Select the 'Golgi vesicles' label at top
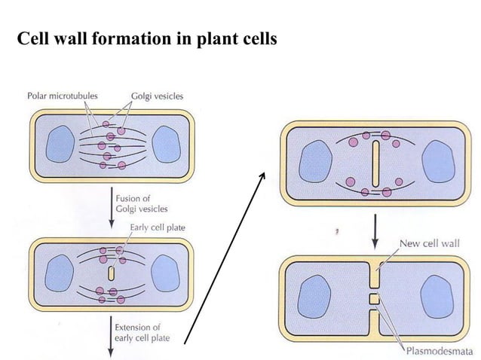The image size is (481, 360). click(157, 96)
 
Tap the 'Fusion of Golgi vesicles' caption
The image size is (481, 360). click(142, 203)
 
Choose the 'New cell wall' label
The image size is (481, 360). click(428, 243)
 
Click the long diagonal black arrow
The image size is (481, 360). click(225, 256)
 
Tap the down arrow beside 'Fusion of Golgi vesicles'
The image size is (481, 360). click(112, 207)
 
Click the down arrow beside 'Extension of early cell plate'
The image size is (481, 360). click(112, 336)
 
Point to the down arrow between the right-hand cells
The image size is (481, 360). click(375, 233)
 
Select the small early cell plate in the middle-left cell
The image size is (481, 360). click(112, 272)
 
